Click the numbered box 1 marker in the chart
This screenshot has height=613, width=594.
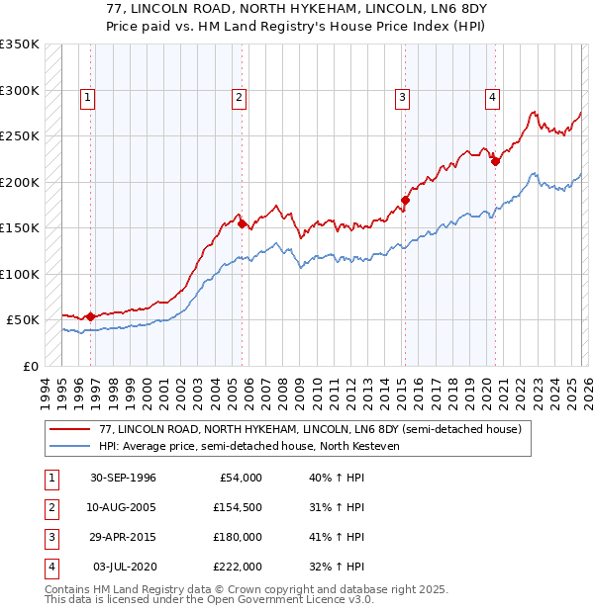click(x=88, y=97)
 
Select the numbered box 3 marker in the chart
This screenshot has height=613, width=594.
click(x=403, y=97)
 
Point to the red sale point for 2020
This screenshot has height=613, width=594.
click(x=495, y=163)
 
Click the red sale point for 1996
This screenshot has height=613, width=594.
click(x=90, y=316)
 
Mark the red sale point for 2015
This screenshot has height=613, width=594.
click(x=405, y=201)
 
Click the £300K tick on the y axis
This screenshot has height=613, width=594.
click(x=19, y=90)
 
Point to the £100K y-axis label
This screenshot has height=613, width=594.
click(x=19, y=274)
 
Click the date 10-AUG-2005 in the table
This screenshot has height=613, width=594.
click(x=122, y=507)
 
